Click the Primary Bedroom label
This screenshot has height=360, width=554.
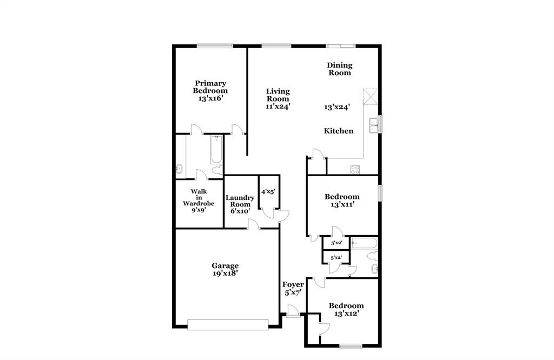click(x=210, y=91)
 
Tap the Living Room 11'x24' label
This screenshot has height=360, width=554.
click(x=278, y=99)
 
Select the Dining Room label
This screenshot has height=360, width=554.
click(x=339, y=69)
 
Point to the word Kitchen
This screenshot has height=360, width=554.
click(x=339, y=131)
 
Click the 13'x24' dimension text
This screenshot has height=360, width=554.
click(x=337, y=107)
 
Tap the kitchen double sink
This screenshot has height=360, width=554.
click(x=373, y=125)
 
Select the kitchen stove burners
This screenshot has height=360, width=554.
click(x=355, y=169)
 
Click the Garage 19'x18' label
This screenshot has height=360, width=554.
click(x=225, y=269)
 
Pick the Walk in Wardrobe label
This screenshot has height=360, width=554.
click(x=199, y=201)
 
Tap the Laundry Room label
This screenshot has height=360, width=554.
click(x=240, y=201)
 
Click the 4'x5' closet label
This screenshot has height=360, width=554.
click(x=269, y=191)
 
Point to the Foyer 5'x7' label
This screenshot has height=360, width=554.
click(x=293, y=288)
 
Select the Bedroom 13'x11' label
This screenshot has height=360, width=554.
click(x=342, y=201)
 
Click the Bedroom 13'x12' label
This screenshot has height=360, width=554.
click(x=346, y=309)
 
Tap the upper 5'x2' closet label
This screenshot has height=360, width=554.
click(x=336, y=243)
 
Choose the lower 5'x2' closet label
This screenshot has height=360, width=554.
click(x=336, y=258)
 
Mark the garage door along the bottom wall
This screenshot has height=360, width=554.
click(x=228, y=324)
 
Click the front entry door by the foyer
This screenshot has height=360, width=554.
click(x=293, y=312)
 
